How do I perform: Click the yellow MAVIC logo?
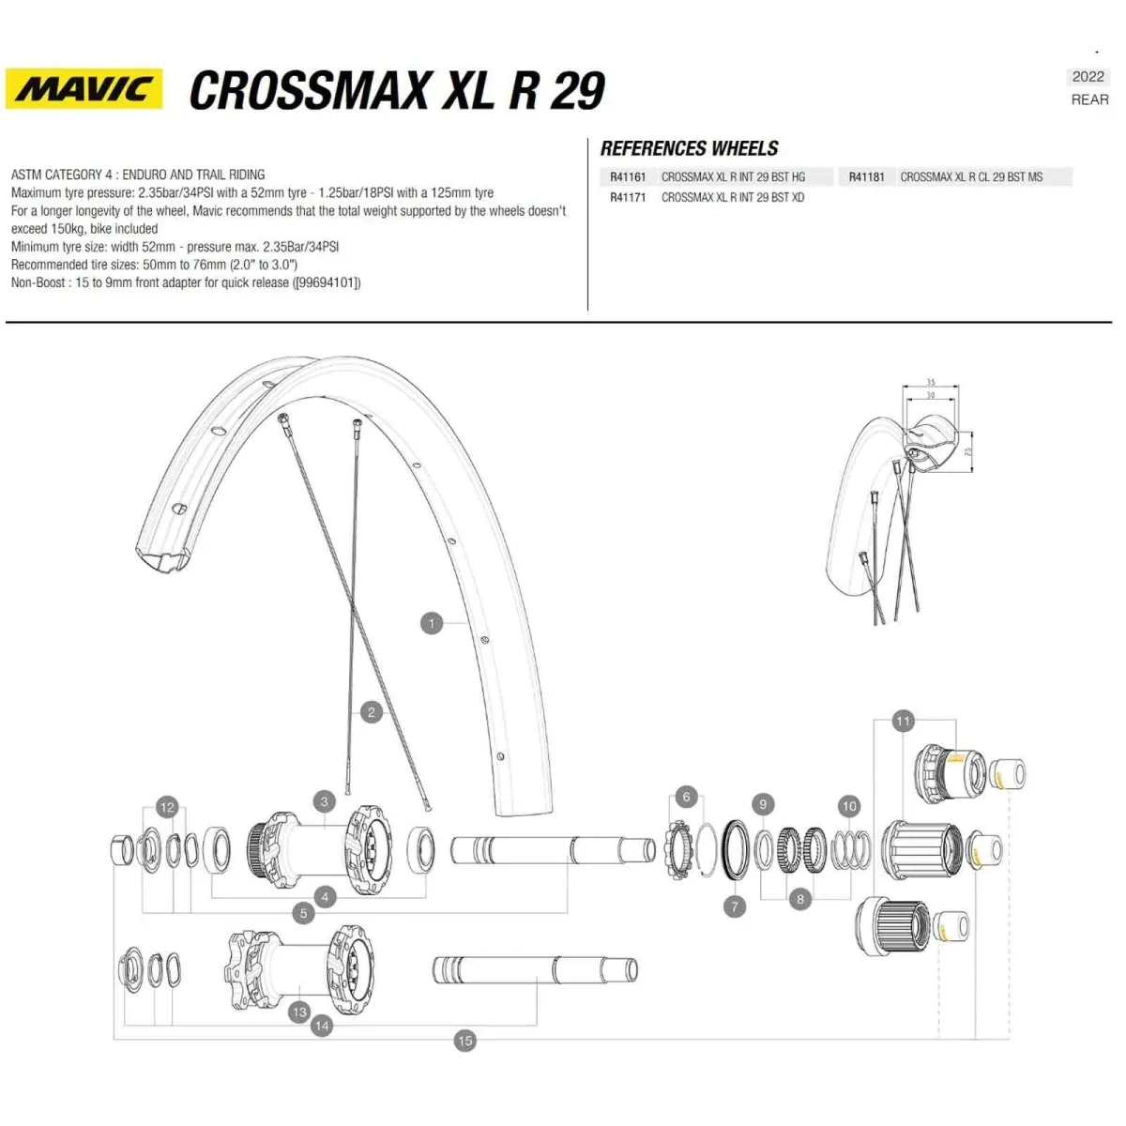[84, 89]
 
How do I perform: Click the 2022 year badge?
[1088, 77]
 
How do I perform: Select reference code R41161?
[628, 176]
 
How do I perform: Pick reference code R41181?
[866, 176]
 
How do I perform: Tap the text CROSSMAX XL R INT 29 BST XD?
[732, 197]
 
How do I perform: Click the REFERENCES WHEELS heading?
[689, 148]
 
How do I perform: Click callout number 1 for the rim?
[432, 623]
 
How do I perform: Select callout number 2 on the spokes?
[372, 712]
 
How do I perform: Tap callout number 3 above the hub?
[325, 801]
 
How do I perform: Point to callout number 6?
[686, 798]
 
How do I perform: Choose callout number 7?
[735, 905]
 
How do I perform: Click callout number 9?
[763, 804]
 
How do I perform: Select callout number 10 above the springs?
[849, 806]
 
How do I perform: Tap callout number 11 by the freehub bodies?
[903, 721]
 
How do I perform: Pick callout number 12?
[167, 807]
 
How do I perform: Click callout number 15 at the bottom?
[464, 1040]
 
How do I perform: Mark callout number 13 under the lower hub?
[299, 1012]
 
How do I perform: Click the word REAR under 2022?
[1089, 99]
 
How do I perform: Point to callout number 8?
[799, 899]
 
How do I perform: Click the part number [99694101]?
[327, 282]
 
